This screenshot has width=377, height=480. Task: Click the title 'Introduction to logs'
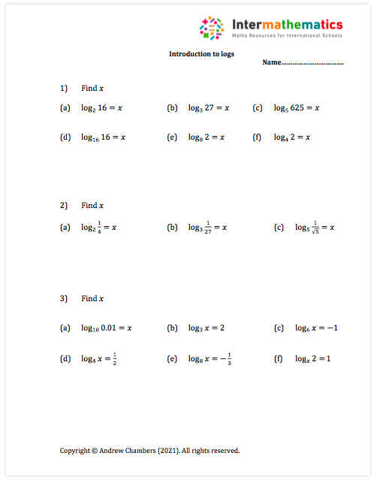coord(201,54)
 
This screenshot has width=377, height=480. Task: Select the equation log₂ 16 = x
coord(101,108)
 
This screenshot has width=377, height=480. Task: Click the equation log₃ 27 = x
coord(208,108)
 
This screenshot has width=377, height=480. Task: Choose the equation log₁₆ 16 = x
coord(103,137)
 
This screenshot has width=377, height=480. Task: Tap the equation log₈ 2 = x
coord(206,137)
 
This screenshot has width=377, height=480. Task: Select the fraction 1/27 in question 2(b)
coord(209,227)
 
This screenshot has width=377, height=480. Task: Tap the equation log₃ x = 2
coord(206,328)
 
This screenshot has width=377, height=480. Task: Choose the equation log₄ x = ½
coord(99,358)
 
